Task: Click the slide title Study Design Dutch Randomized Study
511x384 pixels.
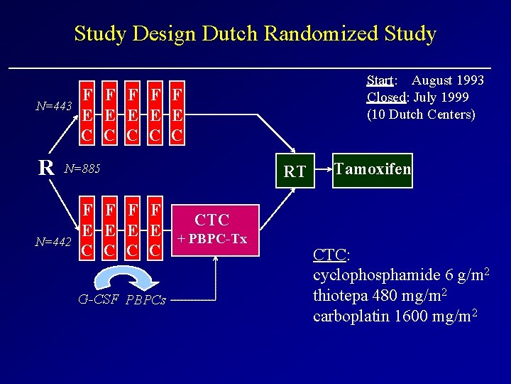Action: (x=255, y=33)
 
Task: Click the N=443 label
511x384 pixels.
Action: (x=54, y=107)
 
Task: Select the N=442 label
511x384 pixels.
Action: (x=53, y=242)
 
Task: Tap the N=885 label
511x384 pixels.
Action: (x=82, y=169)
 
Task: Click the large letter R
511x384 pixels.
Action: (x=46, y=168)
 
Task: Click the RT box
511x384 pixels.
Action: (x=295, y=171)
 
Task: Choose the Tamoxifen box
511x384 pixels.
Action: (x=373, y=169)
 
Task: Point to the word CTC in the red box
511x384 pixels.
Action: (x=211, y=220)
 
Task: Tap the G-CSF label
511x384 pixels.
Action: (x=99, y=299)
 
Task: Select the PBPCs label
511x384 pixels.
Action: (x=145, y=299)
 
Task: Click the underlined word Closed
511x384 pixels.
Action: (x=385, y=97)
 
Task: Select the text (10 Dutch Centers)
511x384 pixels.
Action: (x=421, y=114)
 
